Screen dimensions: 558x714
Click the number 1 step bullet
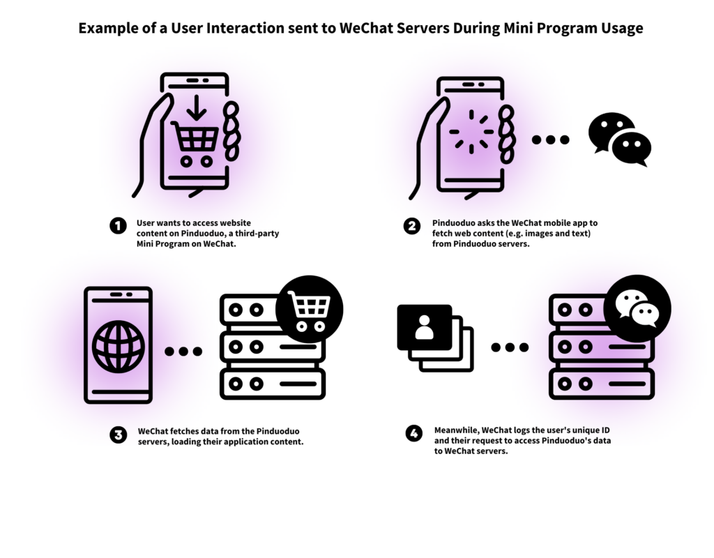pyautogui.click(x=117, y=225)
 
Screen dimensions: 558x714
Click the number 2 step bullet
pyautogui.click(x=412, y=225)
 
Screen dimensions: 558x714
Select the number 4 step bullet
pyautogui.click(x=414, y=433)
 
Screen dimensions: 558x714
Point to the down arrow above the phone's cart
pyautogui.click(x=197, y=107)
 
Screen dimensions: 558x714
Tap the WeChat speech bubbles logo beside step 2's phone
pyautogui.click(x=619, y=139)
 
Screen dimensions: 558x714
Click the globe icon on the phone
pyautogui.click(x=119, y=346)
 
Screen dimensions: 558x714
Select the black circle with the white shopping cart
pyautogui.click(x=309, y=309)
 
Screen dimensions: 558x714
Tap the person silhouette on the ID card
pyautogui.click(x=424, y=327)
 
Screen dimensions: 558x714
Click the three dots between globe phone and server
pyautogui.click(x=183, y=351)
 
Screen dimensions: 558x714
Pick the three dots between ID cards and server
pyautogui.click(x=510, y=347)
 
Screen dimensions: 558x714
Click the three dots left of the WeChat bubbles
pyautogui.click(x=550, y=139)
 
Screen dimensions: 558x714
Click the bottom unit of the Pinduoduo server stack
pyautogui.click(x=272, y=384)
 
